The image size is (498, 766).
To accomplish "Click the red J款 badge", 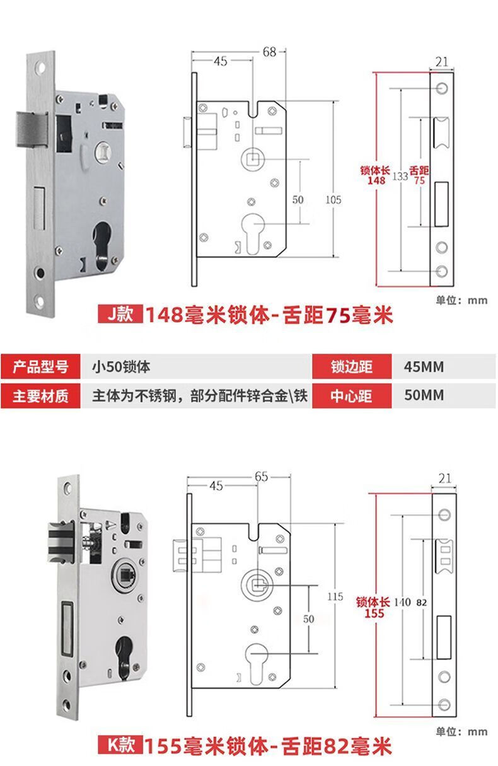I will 119,313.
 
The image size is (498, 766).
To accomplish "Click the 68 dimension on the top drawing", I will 270,52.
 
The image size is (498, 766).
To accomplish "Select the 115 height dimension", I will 335,596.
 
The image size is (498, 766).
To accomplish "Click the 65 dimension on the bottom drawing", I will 262,477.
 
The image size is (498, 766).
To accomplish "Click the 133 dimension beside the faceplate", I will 400,177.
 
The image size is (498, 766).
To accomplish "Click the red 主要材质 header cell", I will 40,396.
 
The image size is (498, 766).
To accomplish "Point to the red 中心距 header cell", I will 350,396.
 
